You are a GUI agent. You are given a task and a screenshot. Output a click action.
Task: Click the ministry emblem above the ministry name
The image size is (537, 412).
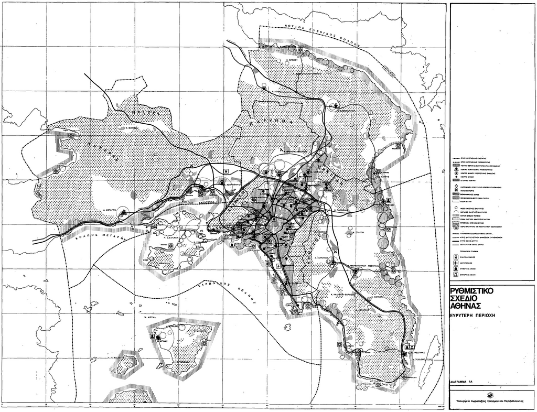[489, 394]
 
